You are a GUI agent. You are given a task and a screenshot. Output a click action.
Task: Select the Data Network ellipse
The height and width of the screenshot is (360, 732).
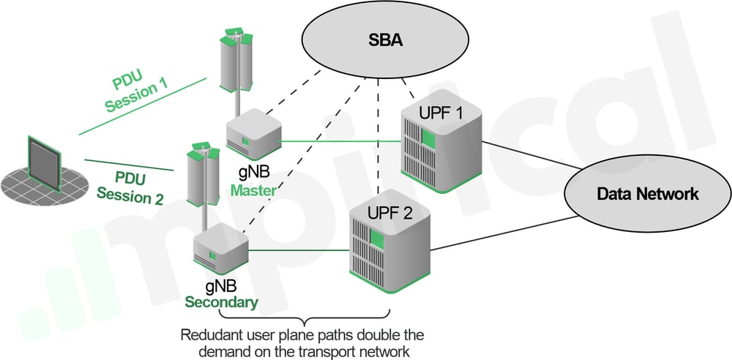click(647, 194)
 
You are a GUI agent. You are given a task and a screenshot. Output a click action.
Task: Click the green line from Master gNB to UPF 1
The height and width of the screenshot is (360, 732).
click(340, 141)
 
